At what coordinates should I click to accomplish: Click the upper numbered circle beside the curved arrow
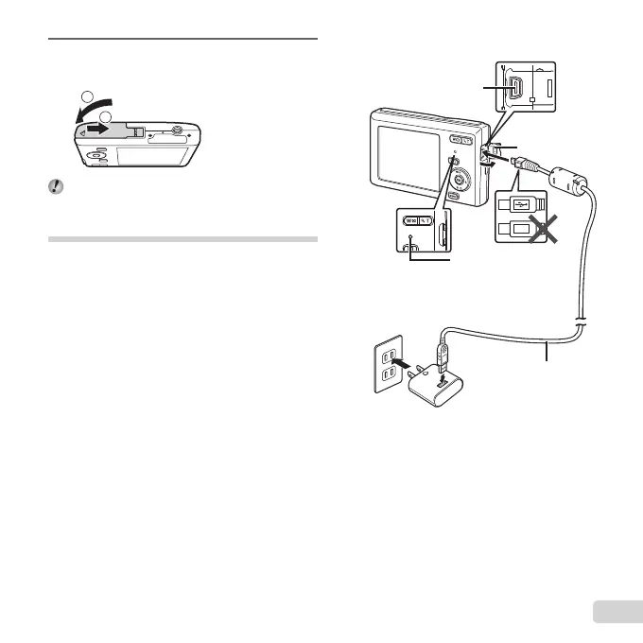[87, 96]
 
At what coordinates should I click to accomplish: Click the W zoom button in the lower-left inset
[412, 220]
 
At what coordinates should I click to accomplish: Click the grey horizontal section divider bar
[182, 239]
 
